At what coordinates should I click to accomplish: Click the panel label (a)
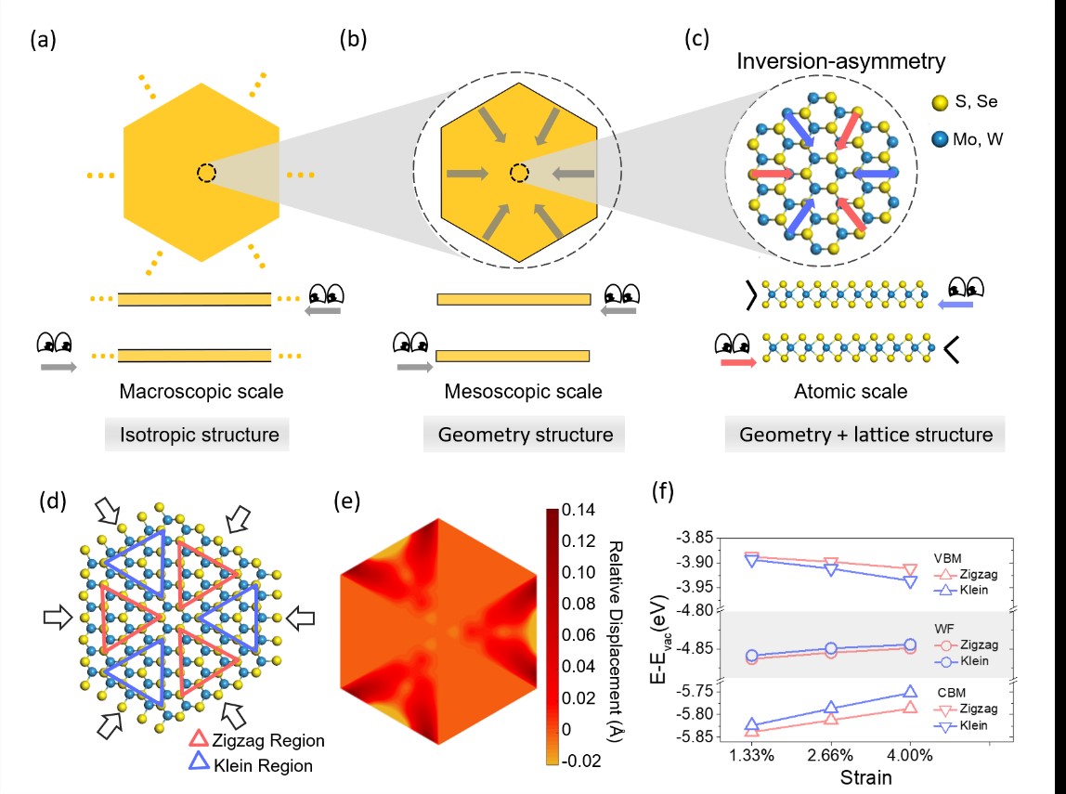coord(43,40)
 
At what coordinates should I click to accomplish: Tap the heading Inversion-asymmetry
coord(840,62)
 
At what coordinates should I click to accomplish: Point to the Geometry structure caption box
coord(519,435)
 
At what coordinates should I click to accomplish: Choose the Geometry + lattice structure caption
coord(864,435)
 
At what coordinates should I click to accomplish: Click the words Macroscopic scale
coord(201,392)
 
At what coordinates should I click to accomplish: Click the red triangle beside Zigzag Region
coord(199,740)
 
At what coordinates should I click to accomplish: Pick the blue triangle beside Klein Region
coord(199,764)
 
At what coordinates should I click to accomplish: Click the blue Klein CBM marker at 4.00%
coord(910,692)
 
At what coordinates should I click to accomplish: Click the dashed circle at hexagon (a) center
coord(207,174)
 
